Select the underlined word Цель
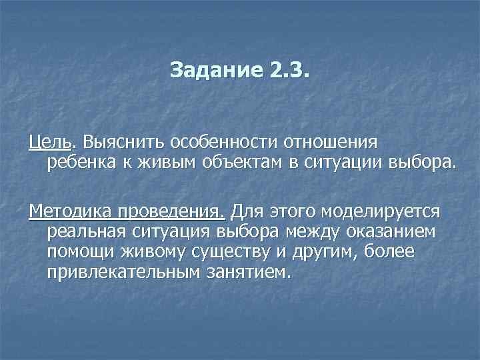(51, 142)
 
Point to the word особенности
(225, 142)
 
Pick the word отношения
(327, 142)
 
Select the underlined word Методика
(70, 211)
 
